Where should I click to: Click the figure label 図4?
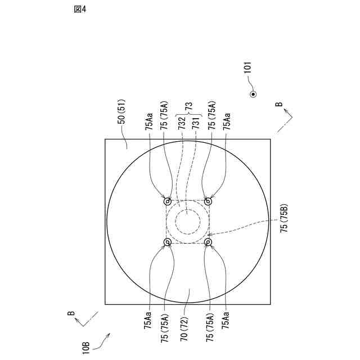[80, 9]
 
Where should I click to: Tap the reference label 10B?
[86, 348]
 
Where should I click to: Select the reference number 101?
[247, 67]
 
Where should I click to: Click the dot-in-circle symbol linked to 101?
[253, 94]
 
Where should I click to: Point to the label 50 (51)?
[121, 111]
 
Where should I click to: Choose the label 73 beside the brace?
[189, 107]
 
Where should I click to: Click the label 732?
[182, 123]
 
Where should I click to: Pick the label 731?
[195, 123]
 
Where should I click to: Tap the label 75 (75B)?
[284, 218]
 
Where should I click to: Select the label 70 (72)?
[184, 329]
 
